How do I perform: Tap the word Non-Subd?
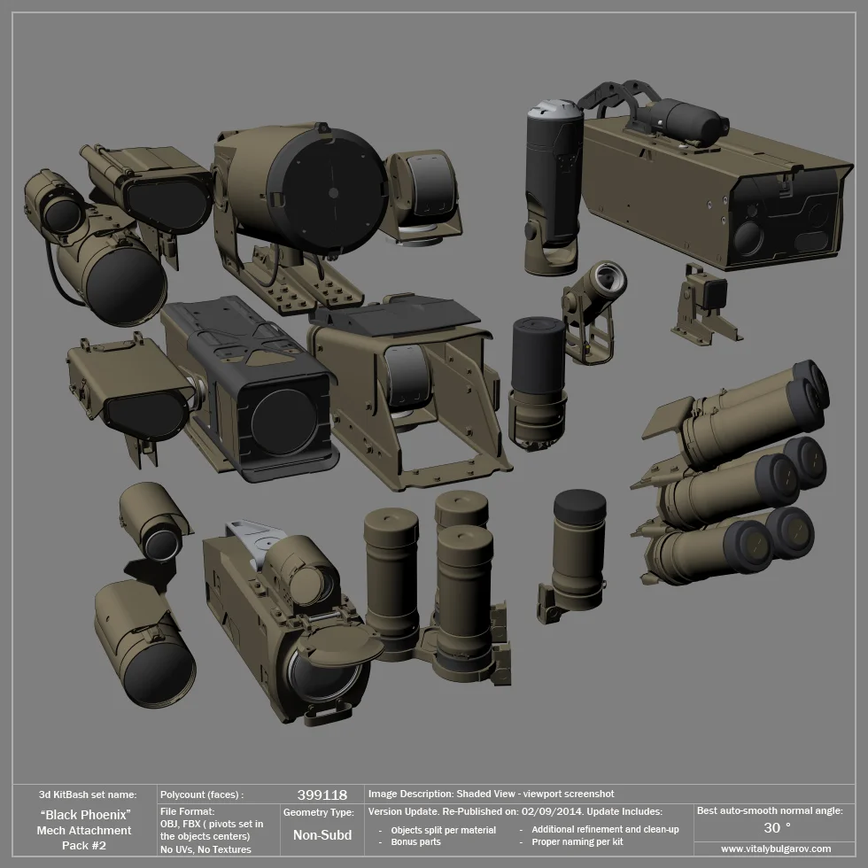(322, 834)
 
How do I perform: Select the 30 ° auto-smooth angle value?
(776, 827)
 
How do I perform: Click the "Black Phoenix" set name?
(86, 813)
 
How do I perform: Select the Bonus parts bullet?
(415, 842)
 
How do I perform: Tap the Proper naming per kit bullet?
(577, 842)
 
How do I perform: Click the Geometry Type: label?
(319, 811)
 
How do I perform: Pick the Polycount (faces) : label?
(201, 794)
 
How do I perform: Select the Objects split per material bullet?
(443, 830)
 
